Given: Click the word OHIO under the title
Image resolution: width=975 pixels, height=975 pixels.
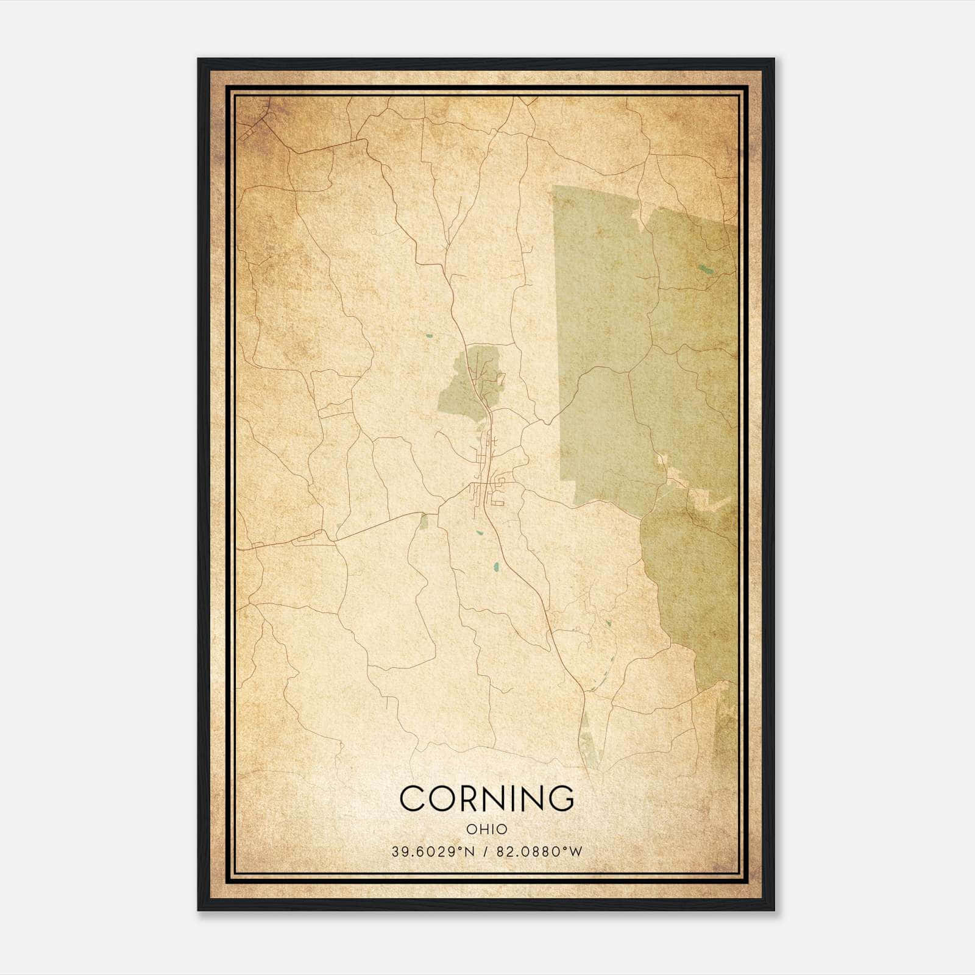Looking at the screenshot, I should pos(487,829).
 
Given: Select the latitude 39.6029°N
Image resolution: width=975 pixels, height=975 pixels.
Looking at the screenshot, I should pos(433,851).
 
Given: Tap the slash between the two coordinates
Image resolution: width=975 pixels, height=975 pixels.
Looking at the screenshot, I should pos(486,851).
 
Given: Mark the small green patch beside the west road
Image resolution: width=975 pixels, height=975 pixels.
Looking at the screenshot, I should pos(424,520).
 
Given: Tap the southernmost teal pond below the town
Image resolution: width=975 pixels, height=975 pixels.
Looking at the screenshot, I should pos(496,567).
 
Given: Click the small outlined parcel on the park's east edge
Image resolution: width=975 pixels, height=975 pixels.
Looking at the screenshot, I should pos(501,378).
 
